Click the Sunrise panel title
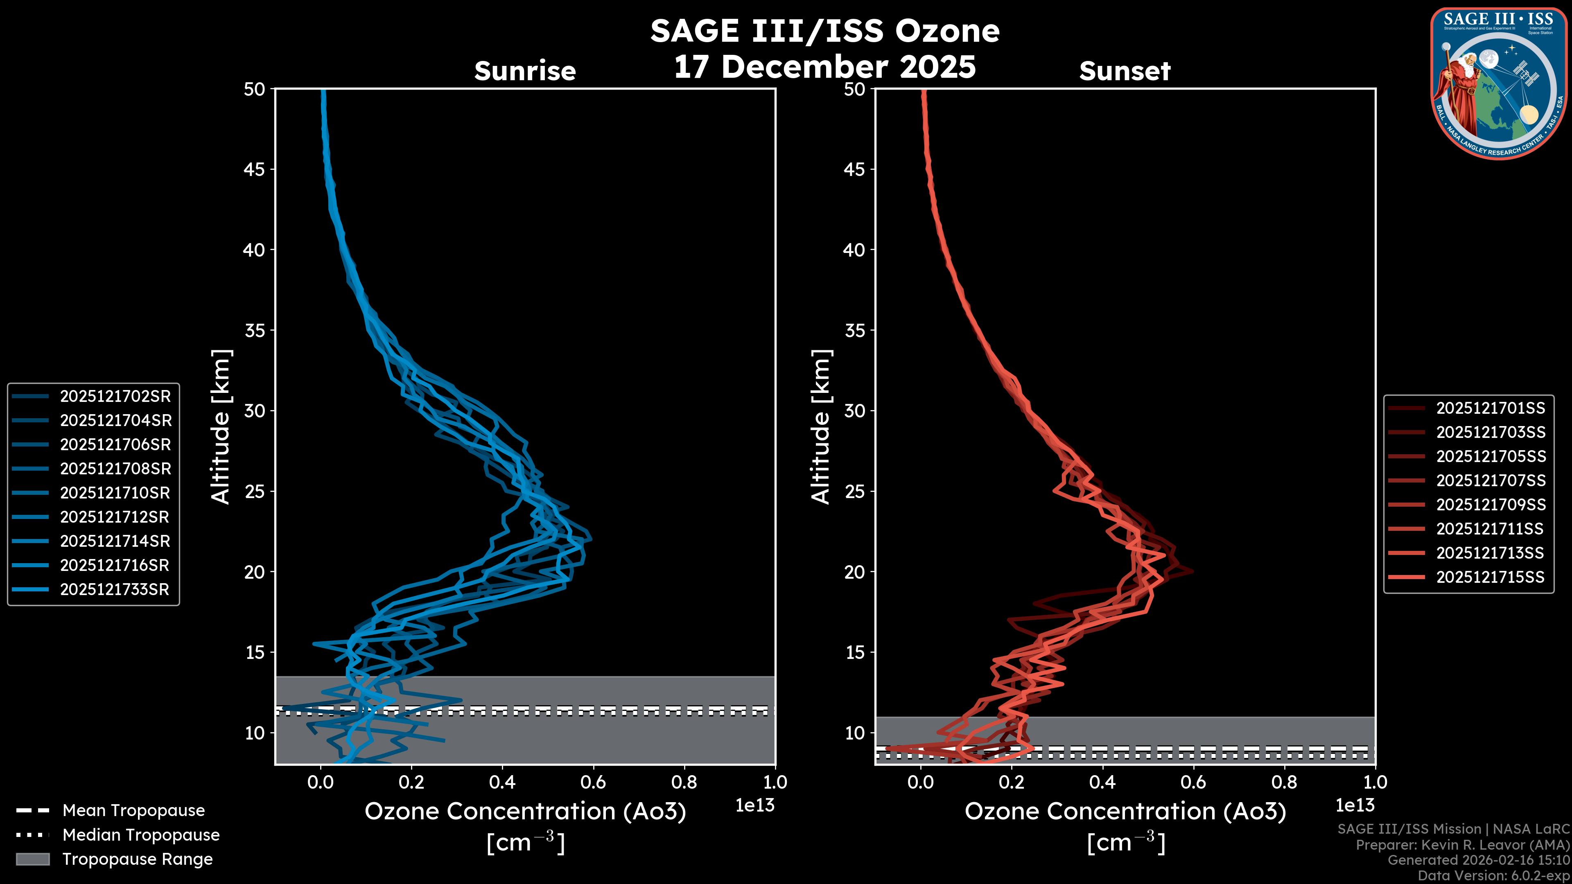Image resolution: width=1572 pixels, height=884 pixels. [x=525, y=71]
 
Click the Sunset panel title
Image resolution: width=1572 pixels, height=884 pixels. [x=1125, y=71]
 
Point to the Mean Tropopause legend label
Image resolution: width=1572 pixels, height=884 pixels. [x=133, y=810]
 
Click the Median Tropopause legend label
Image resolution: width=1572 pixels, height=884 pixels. [x=141, y=834]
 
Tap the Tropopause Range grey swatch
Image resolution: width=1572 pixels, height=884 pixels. [x=33, y=859]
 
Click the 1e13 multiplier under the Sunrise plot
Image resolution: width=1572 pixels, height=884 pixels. [x=755, y=805]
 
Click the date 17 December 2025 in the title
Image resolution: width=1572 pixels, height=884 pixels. [x=824, y=66]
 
